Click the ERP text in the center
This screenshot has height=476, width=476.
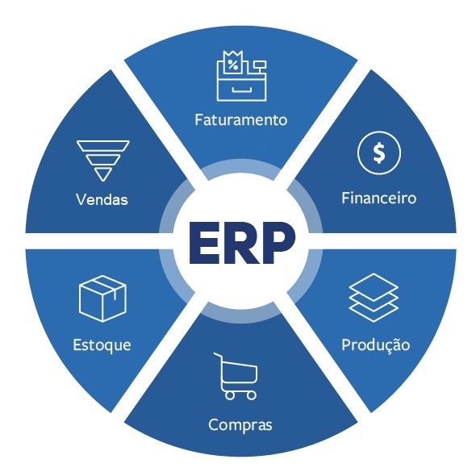point(242,242)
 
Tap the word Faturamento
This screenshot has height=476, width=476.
point(240,119)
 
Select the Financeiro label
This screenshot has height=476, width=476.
point(379,198)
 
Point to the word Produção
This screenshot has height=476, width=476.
point(376,345)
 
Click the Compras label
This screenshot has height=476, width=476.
point(240,425)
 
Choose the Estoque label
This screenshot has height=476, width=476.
point(102,345)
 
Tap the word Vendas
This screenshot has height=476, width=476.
point(102,199)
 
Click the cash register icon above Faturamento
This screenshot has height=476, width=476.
point(242,76)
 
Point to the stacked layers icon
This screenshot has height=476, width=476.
point(374,298)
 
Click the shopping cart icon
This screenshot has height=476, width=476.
point(236,376)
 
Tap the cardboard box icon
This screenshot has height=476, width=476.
point(102,299)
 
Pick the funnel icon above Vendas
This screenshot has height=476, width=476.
point(103,161)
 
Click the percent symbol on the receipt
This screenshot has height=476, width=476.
point(233,65)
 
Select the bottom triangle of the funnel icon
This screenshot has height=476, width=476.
point(103,174)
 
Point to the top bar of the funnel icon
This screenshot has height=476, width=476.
point(103,146)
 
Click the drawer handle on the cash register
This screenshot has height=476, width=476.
point(242,90)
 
